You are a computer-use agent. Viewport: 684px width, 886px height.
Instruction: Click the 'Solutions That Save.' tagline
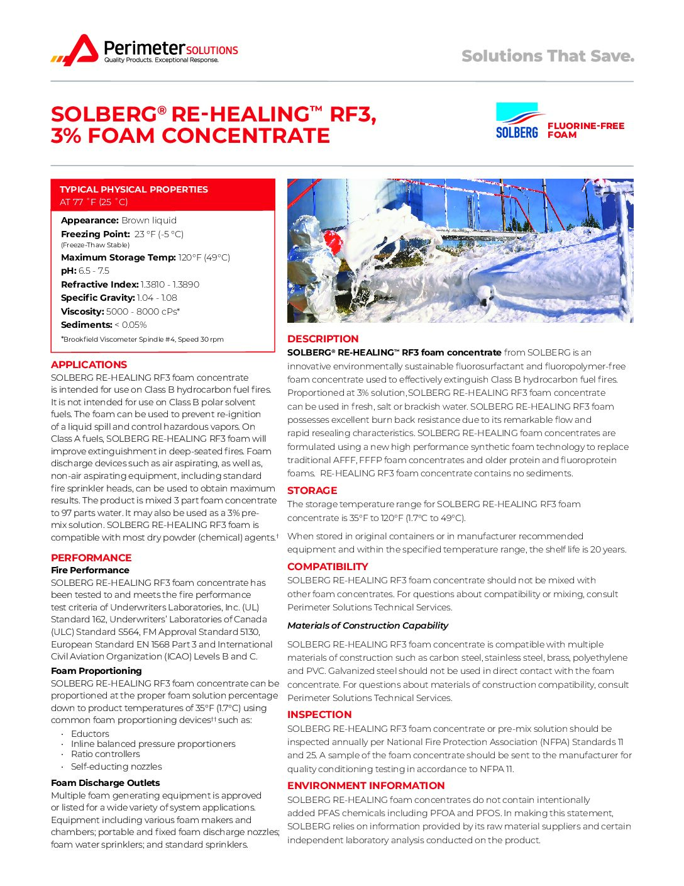pyautogui.click(x=548, y=56)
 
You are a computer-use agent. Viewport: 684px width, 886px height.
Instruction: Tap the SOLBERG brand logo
pyautogui.click(x=517, y=121)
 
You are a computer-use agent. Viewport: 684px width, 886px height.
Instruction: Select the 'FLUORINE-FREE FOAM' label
pyautogui.click(x=585, y=130)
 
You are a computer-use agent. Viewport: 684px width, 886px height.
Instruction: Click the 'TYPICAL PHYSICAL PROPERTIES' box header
pyautogui.click(x=133, y=189)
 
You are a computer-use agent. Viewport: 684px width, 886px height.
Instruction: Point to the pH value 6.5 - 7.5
pyautogui.click(x=94, y=271)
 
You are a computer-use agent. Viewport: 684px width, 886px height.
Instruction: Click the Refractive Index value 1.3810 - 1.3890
pyautogui.click(x=170, y=284)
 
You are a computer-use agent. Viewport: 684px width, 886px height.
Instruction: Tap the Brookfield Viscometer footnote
pyautogui.click(x=142, y=339)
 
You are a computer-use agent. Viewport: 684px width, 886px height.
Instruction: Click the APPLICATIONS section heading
pyautogui.click(x=89, y=364)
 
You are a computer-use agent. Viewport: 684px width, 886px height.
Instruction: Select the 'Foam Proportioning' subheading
pyautogui.click(x=96, y=671)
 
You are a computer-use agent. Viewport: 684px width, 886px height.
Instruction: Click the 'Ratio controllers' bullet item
pyautogui.click(x=105, y=754)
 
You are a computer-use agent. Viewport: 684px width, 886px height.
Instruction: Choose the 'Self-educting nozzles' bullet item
pyautogui.click(x=116, y=766)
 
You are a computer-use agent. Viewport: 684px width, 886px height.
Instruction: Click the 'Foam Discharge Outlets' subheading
pyautogui.click(x=105, y=783)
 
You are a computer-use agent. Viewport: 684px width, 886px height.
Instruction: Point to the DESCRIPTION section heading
pyautogui.click(x=323, y=339)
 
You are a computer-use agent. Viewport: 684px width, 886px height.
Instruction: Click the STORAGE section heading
pyautogui.click(x=312, y=490)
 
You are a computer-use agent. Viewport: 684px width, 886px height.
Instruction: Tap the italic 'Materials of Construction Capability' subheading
pyautogui.click(x=368, y=625)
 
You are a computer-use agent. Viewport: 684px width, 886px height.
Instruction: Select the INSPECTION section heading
pyautogui.click(x=319, y=714)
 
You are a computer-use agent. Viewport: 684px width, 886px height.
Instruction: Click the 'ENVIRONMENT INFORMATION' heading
pyautogui.click(x=366, y=785)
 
